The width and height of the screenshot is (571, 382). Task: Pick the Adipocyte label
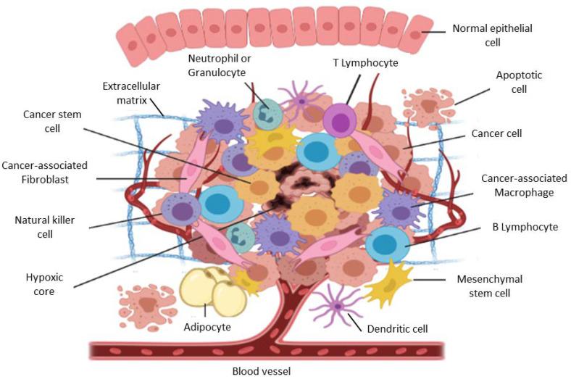207,327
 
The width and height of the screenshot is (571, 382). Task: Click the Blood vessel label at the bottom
260,372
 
